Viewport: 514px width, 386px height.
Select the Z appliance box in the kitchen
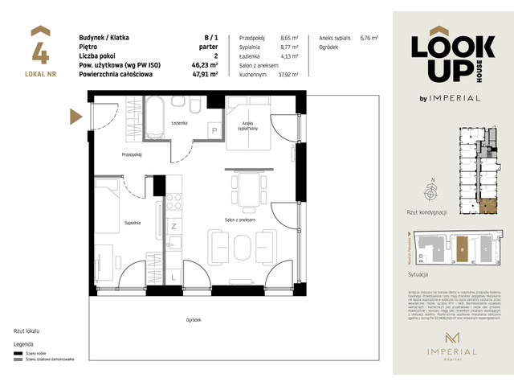coord(173,227)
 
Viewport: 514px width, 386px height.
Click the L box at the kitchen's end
coord(174,277)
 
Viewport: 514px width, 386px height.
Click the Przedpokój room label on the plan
coord(133,154)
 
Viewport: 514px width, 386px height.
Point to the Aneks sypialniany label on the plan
coord(247,125)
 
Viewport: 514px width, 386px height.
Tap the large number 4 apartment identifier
coord(40,51)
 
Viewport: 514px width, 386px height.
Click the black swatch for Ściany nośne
coord(18,352)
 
